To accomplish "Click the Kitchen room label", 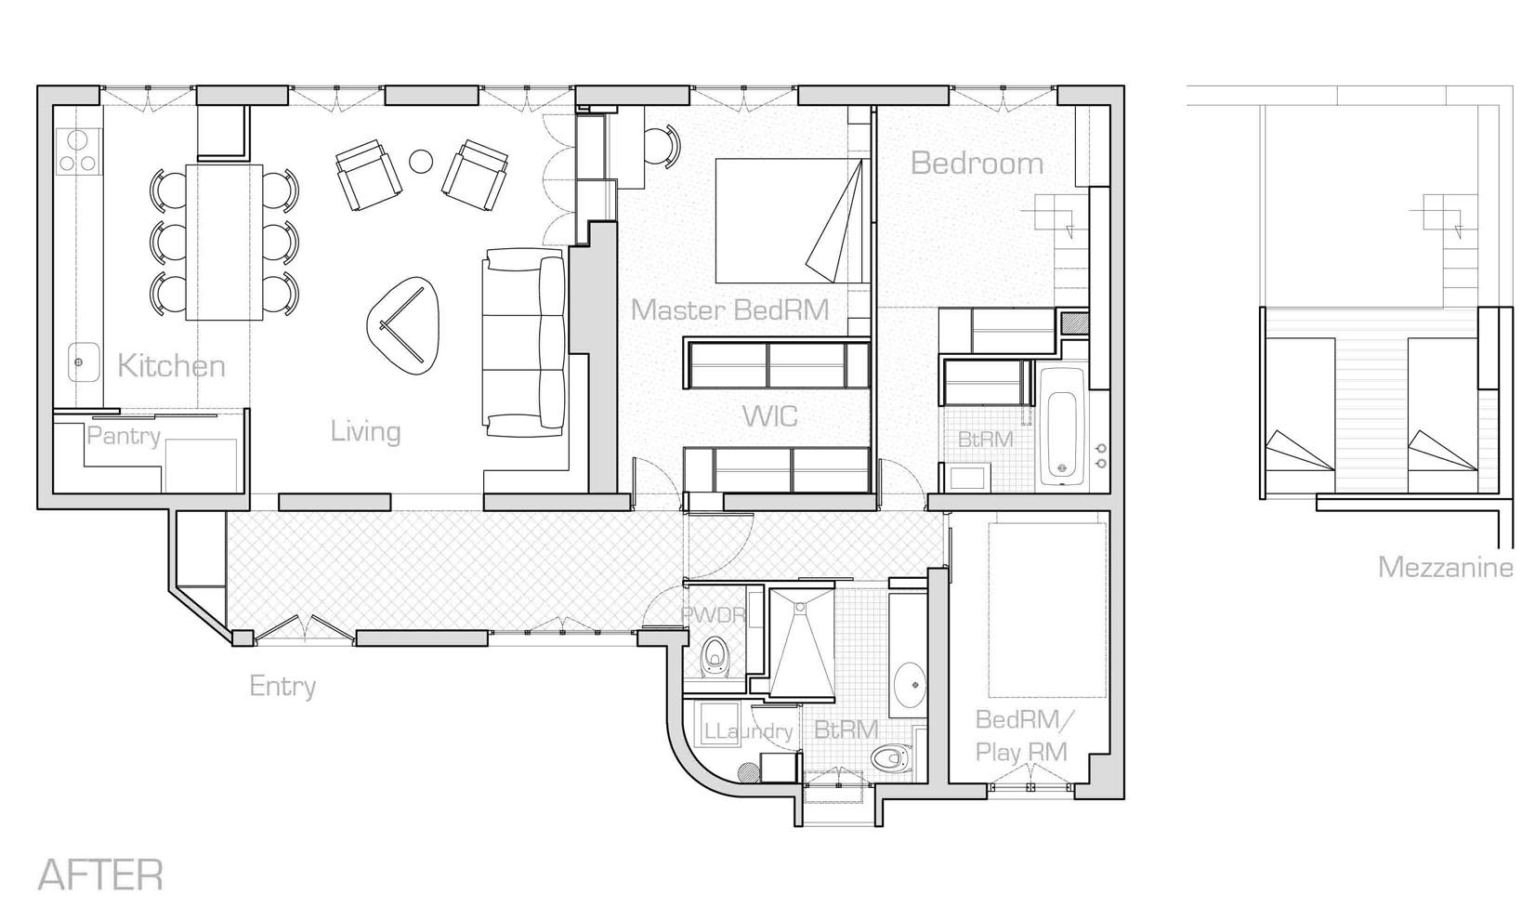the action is (x=171, y=365).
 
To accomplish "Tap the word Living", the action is (x=365, y=432).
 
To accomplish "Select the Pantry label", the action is (x=124, y=436).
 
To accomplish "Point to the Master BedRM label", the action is (x=729, y=309).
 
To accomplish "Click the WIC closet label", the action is (x=770, y=416).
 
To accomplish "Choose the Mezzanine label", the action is (x=1445, y=568).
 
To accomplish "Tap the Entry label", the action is (x=282, y=686).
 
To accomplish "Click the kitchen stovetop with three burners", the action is (x=77, y=151).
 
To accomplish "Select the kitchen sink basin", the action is (x=84, y=362).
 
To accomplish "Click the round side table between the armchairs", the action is (x=421, y=162).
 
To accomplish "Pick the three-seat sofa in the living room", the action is (x=524, y=342).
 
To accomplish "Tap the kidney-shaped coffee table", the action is (x=403, y=325).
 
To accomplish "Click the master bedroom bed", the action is (x=788, y=221).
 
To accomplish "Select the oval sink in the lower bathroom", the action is (x=910, y=685).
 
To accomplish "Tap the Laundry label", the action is (x=748, y=731).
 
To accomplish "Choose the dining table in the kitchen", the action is (x=224, y=242).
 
